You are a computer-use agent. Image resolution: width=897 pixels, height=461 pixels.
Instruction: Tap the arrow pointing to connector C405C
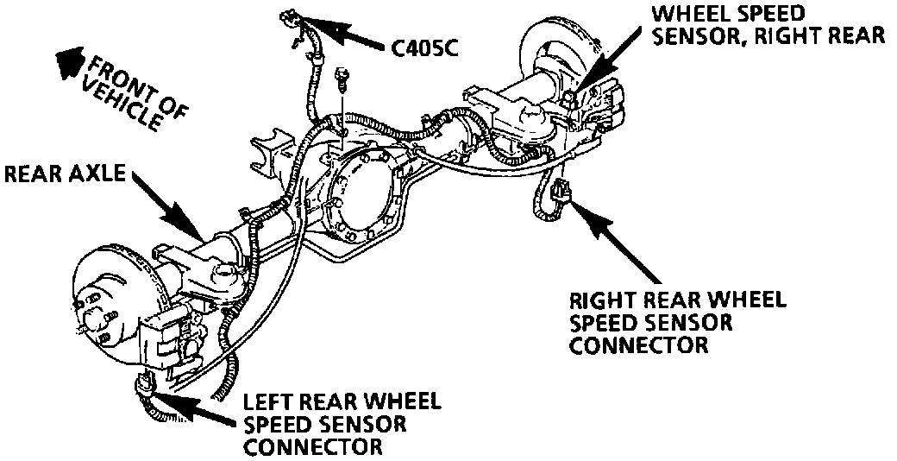click(x=354, y=34)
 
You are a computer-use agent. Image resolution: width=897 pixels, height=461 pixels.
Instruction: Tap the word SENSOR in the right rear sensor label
click(x=691, y=36)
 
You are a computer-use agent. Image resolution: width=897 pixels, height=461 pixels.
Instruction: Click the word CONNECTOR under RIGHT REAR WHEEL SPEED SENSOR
click(x=639, y=345)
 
